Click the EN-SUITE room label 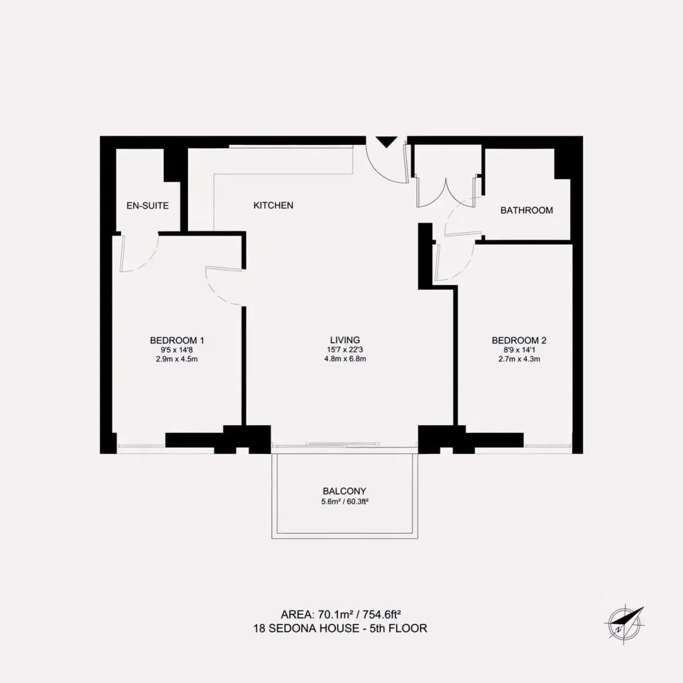[147, 205]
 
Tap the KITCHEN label [273, 205]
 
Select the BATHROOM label [526, 210]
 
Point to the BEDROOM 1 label [177, 340]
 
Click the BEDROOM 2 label [519, 340]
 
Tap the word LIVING [345, 340]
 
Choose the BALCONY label [344, 491]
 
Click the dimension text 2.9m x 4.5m [177, 359]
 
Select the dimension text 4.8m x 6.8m [345, 359]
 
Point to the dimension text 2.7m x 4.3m [519, 359]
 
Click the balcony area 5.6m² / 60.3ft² [345, 501]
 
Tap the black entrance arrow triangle [386, 141]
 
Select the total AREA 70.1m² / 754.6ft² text [340, 614]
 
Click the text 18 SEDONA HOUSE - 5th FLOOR [340, 628]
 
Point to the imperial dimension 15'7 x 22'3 [345, 349]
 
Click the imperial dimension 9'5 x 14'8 [177, 349]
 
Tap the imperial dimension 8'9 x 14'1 [519, 349]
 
